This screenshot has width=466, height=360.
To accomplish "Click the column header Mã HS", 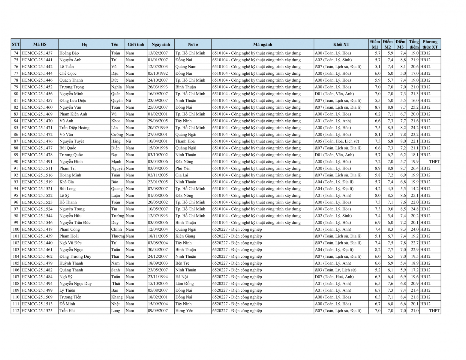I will [x=40, y=44].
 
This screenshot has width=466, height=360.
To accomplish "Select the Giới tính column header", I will [x=136, y=44].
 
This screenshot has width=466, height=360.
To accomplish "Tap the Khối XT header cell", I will [x=341, y=44].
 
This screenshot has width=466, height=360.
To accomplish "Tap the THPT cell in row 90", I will [x=434, y=162].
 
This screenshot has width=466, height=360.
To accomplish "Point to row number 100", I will [x=16, y=229].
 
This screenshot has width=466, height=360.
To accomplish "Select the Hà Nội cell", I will [x=182, y=277].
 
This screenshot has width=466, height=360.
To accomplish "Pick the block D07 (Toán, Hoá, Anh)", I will [x=334, y=277].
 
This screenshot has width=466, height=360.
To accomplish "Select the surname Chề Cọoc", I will [x=68, y=73].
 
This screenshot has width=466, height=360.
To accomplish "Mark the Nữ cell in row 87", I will [x=128, y=141].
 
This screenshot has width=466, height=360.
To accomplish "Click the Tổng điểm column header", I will [x=414, y=44].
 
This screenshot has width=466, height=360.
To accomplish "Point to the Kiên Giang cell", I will [x=185, y=236].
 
